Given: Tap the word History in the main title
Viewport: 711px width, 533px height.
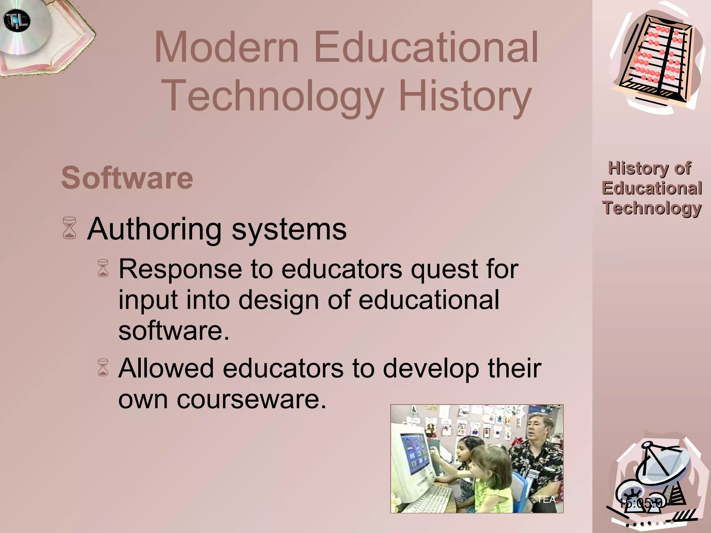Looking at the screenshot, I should [465, 95].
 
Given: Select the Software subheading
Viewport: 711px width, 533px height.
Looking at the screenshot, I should [127, 178].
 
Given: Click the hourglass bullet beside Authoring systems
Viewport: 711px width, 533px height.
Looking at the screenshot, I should [69, 228].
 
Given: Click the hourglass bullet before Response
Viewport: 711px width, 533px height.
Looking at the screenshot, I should [103, 268].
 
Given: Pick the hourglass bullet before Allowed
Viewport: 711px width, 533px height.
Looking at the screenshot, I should [103, 368].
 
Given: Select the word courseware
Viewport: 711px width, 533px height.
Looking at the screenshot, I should [252, 399].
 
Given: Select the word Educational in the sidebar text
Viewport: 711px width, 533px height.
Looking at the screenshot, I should [652, 188].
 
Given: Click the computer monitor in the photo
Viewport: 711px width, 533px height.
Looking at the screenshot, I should [413, 451].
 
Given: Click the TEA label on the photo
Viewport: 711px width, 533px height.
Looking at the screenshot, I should [546, 499].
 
